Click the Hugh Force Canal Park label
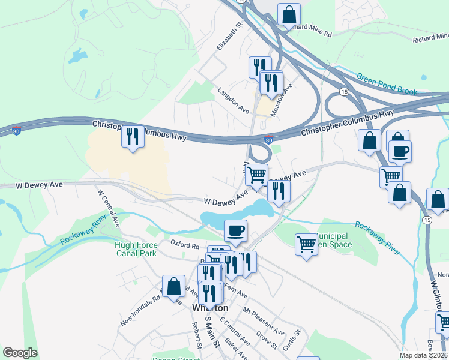pyautogui.click(x=136, y=249)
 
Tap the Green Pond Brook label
pyautogui.click(x=387, y=85)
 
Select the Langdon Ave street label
pyautogui.click(x=233, y=98)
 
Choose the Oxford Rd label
pyautogui.click(x=184, y=245)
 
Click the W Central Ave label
pyautogui.click(x=109, y=208)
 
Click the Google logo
pyautogui.click(x=20, y=353)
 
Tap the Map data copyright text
pyautogui.click(x=423, y=355)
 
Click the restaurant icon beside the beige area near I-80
pyautogui.click(x=133, y=136)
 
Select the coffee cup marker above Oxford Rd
pyautogui.click(x=235, y=230)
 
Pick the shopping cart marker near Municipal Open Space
pyautogui.click(x=306, y=244)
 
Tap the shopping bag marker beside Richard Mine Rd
pyautogui.click(x=289, y=14)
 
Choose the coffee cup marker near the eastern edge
pyautogui.click(x=400, y=151)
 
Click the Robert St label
pyautogui.click(x=196, y=335)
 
